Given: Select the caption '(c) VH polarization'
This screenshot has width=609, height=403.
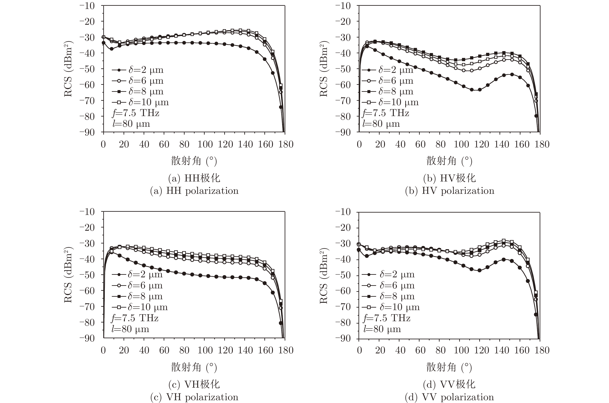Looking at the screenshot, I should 194,397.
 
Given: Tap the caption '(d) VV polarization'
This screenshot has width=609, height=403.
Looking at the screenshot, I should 449,397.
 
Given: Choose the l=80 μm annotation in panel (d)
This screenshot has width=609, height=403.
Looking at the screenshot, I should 382,329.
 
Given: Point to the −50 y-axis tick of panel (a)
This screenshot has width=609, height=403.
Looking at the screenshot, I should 87,69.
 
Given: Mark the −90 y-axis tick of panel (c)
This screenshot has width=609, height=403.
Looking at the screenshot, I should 87,338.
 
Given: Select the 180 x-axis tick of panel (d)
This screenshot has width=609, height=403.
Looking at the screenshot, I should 542,350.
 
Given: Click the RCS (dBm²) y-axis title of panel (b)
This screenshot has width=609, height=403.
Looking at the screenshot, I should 323,69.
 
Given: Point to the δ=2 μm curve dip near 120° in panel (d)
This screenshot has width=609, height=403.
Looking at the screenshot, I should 479,270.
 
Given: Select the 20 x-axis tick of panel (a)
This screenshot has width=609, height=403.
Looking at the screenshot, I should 124,144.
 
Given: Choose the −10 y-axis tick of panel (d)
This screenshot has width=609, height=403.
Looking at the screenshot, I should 343,212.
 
